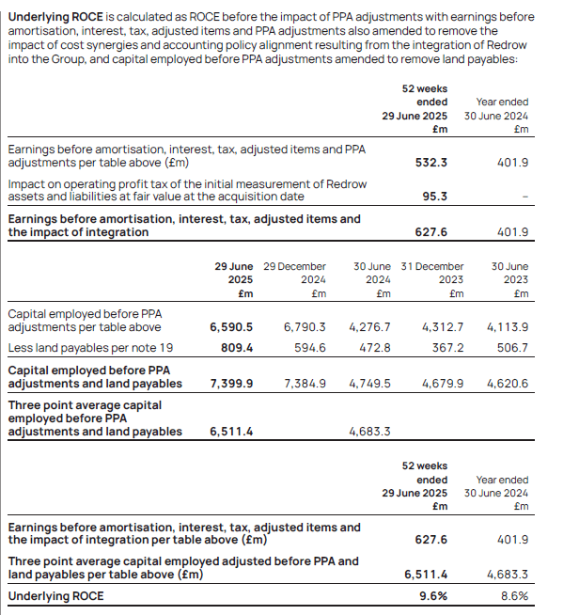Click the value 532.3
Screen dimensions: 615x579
(x=430, y=163)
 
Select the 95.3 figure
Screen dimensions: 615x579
(x=430, y=197)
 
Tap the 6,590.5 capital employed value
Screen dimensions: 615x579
(x=230, y=327)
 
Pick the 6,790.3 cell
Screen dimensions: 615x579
(x=305, y=327)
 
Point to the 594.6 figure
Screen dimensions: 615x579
(x=308, y=347)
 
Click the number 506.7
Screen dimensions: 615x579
(x=511, y=347)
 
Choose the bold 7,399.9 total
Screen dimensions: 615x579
(x=230, y=384)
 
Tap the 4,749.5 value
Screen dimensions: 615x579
(x=369, y=384)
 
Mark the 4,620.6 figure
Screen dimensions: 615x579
(x=508, y=384)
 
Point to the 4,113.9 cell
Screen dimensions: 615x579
(x=508, y=327)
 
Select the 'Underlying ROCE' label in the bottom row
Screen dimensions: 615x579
(x=55, y=596)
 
